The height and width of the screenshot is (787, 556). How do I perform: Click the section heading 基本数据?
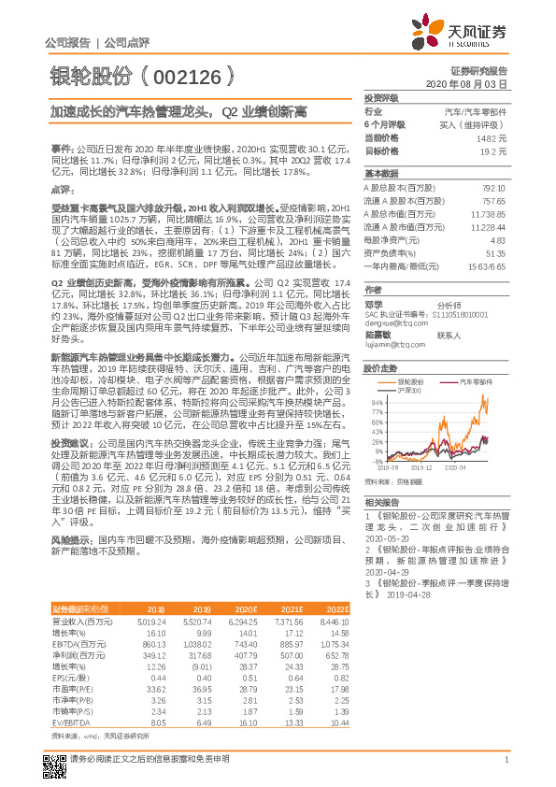pyautogui.click(x=381, y=174)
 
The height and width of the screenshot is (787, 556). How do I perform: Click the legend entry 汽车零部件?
pyautogui.click(x=476, y=382)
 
